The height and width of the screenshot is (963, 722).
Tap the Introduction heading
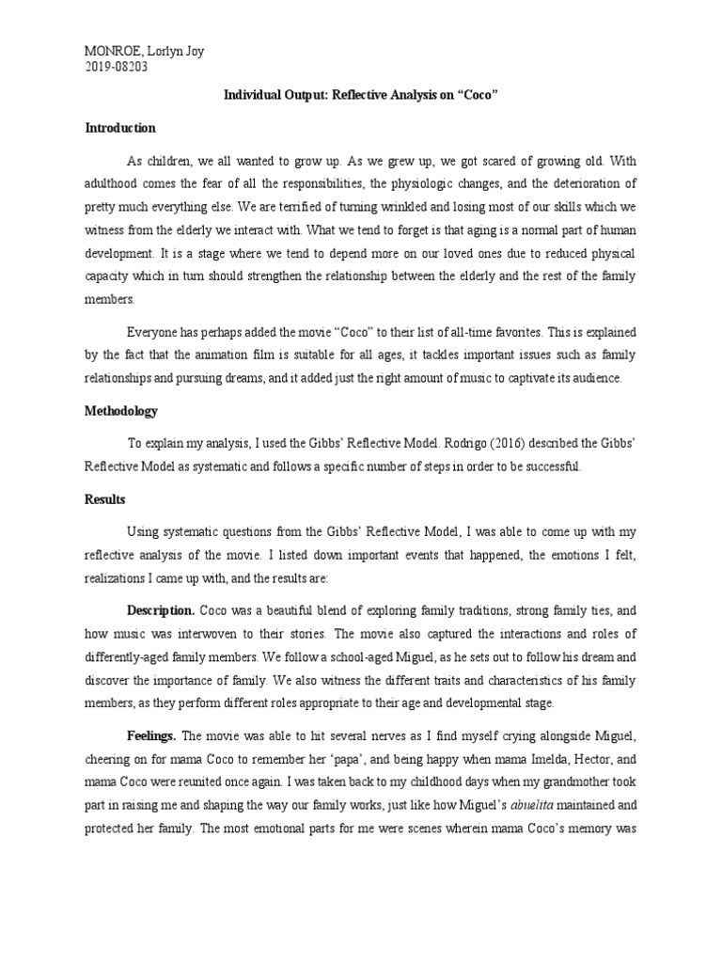point(120,128)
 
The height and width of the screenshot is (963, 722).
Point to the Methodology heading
point(121,411)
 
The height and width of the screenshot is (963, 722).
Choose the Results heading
point(104,499)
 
